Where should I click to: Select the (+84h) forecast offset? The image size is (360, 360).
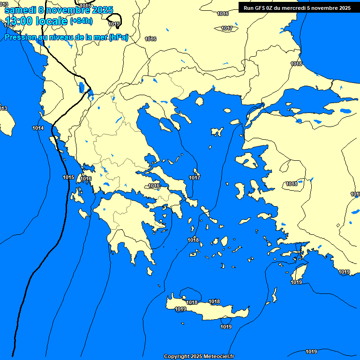coord(81,21)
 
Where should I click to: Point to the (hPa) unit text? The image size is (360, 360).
coord(118,37)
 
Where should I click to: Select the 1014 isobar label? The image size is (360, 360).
coord(38,128)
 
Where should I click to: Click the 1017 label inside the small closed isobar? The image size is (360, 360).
coord(227,29)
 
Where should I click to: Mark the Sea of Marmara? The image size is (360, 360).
coord(305,99)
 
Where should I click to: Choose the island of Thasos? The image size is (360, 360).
coord(199,101)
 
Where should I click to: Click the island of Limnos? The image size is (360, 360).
coord(217,132)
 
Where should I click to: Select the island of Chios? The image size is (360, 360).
coord(240,190)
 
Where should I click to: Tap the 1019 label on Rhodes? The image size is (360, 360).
coord(296,282)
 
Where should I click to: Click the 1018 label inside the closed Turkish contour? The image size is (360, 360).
coord(292,184)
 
